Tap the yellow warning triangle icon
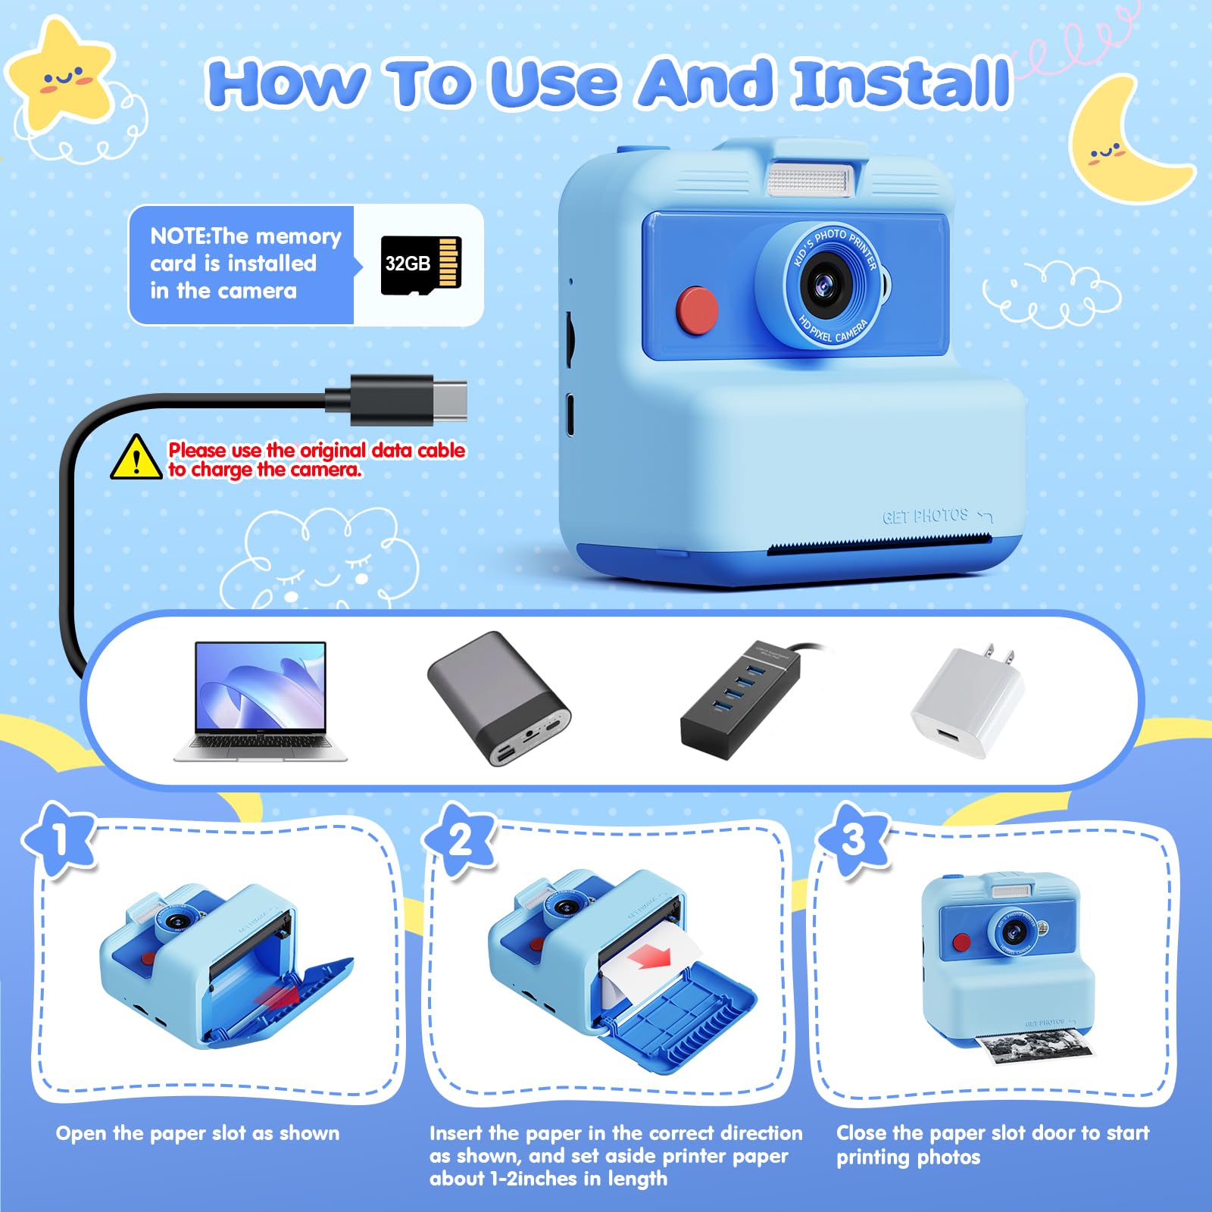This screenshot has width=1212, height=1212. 136,458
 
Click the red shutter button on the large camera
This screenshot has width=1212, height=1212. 697,309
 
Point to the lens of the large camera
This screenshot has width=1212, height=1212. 824,285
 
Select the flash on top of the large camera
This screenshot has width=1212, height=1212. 810,181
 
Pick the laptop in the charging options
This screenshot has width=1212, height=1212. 261,701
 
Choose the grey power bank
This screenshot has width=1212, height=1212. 498,698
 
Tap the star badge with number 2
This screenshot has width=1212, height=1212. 460,841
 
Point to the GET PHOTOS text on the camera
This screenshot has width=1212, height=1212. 926,517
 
